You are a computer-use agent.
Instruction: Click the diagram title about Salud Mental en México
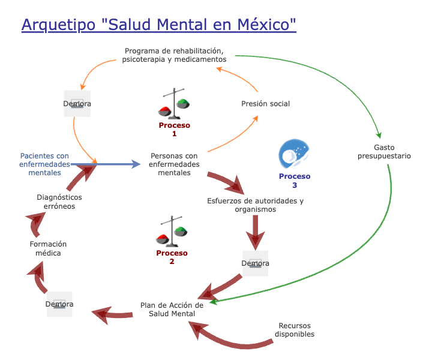159,25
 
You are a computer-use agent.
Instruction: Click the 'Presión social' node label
265,104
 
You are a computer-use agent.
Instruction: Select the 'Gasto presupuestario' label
384,151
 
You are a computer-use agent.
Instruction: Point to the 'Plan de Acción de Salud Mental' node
172,310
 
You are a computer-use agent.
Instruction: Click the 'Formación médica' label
49,248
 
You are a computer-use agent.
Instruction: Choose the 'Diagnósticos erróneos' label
59,201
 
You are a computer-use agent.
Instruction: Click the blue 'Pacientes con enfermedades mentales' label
44,164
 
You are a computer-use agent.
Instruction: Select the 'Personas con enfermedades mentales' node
174,164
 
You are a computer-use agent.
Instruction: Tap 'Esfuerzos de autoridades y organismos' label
256,205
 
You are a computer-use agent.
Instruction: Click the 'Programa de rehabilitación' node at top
174,55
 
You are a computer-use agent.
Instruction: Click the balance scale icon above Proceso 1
175,103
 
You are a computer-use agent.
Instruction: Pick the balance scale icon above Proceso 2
172,231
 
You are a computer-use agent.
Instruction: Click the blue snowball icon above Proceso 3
295,155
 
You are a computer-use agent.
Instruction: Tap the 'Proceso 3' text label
295,181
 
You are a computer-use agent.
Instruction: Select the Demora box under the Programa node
77,104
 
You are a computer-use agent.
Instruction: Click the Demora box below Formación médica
59,304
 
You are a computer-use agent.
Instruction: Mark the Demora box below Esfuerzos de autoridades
255,263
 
